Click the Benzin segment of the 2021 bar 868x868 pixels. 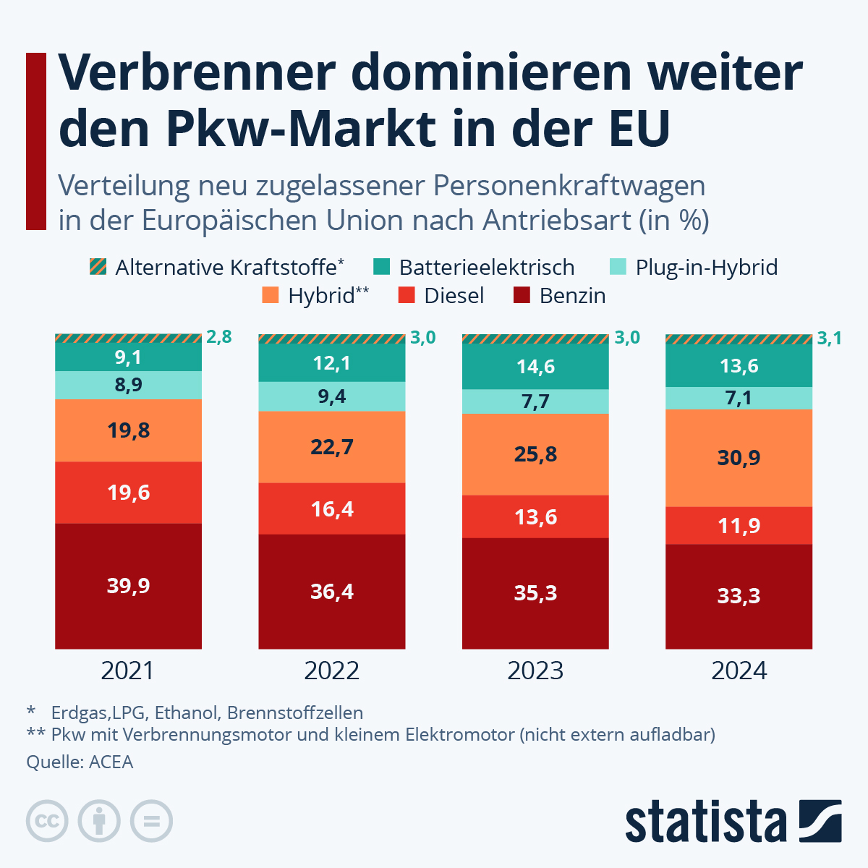tap(128, 585)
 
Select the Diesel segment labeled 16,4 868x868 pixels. tap(332, 509)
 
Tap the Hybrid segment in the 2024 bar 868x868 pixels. tap(739, 458)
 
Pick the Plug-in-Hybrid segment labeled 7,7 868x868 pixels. tap(535, 401)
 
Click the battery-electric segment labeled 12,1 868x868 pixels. tap(332, 362)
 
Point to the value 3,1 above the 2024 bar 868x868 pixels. tap(829, 338)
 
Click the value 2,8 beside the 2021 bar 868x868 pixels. tap(219, 336)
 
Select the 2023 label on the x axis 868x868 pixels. tap(535, 671)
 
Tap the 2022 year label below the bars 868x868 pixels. tap(332, 671)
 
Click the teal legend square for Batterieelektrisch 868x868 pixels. tap(381, 267)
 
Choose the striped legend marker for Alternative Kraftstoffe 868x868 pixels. tap(98, 267)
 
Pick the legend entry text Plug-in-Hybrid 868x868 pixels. tap(706, 267)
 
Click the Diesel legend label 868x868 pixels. tap(454, 296)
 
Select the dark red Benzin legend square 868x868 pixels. tap(522, 296)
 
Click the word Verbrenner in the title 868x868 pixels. tap(197, 72)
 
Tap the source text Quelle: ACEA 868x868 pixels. tap(80, 762)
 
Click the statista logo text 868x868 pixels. tap(706, 822)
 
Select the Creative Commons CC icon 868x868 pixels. tap(47, 822)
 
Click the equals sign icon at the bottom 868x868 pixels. tap(151, 822)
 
